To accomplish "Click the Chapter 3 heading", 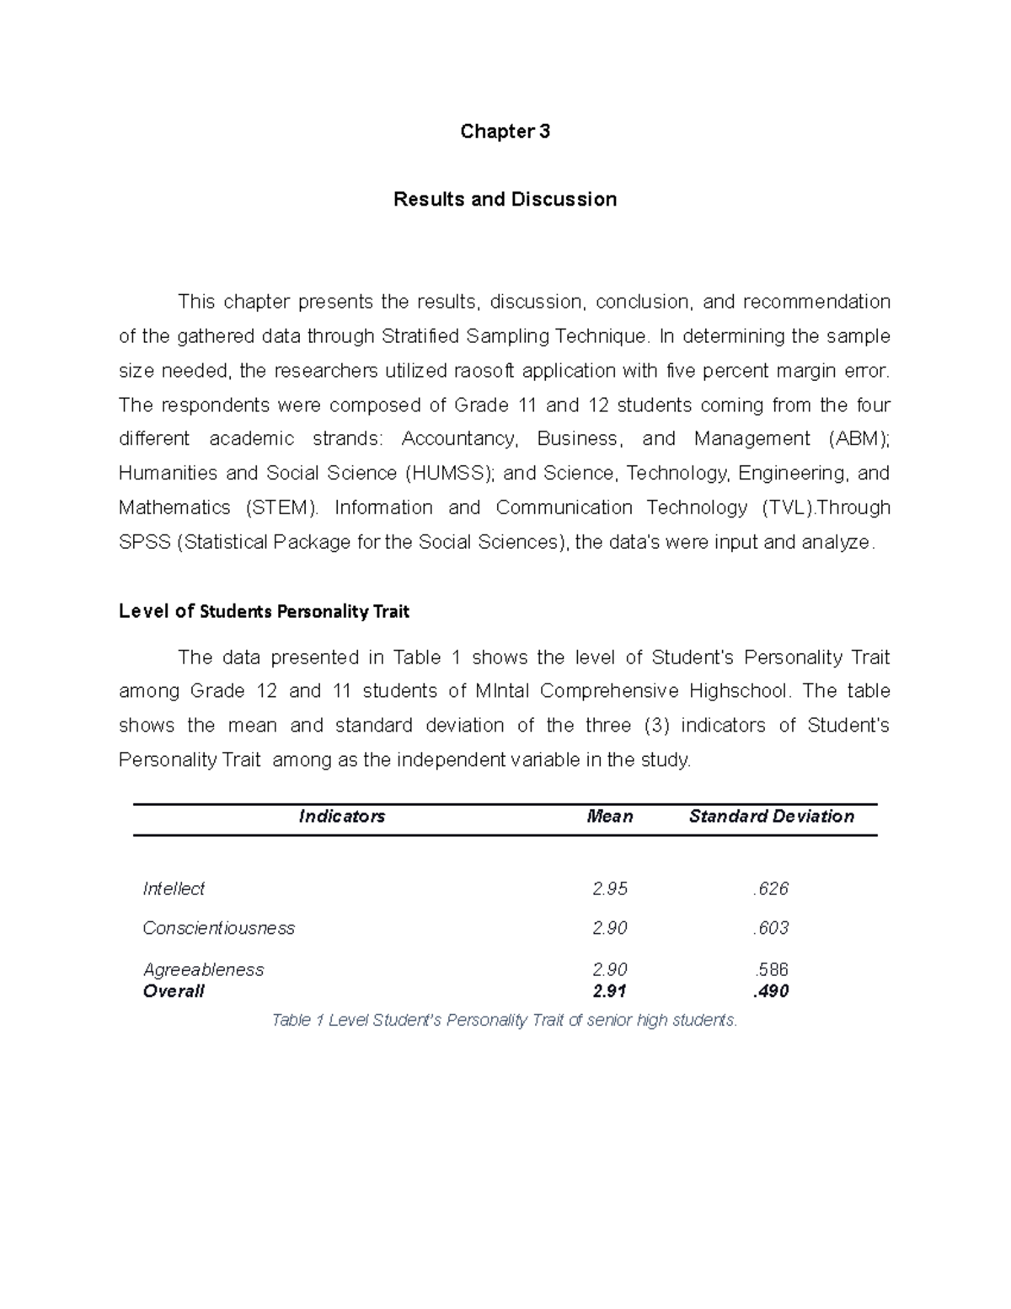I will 505,131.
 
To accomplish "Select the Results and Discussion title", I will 505,200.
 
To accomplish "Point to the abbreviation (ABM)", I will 858,439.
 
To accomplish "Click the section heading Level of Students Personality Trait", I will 264,612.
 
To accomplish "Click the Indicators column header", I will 342,817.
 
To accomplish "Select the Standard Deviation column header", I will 771,817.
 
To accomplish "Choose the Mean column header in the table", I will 609,817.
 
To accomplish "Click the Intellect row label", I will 174,889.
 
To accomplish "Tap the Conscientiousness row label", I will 218,929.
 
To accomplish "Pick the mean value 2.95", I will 609,889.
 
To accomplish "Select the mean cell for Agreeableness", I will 609,970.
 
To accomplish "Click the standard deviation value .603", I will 771,929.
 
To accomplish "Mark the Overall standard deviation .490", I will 771,992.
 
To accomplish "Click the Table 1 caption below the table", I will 505,1021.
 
